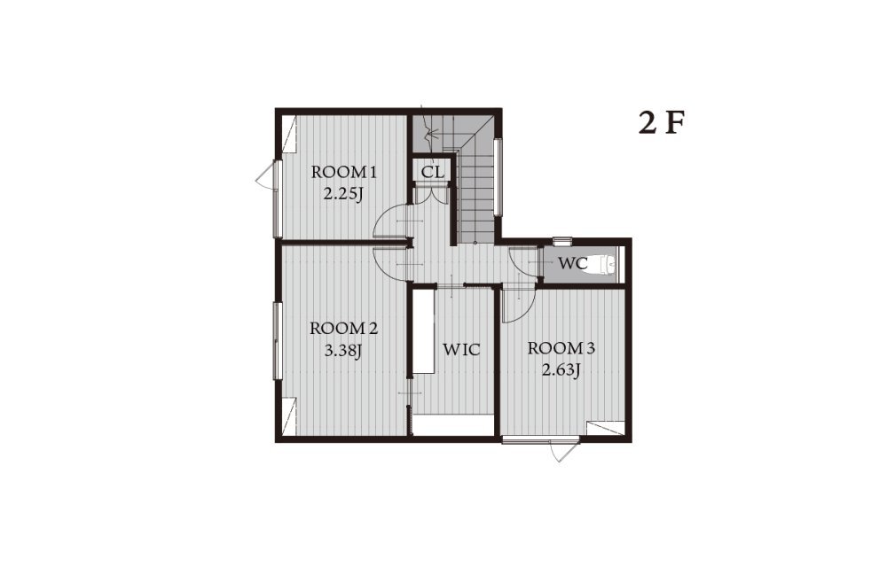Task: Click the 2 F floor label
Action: click(662, 122)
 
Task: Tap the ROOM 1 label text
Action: click(343, 172)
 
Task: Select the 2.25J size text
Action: click(342, 194)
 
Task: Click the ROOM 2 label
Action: click(343, 328)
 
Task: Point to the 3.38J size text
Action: click(342, 351)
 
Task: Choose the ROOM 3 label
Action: click(561, 348)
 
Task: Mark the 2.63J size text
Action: click(561, 370)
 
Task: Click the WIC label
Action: click(461, 350)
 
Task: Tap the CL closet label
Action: click(433, 172)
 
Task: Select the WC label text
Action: click(573, 264)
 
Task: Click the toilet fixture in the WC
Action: click(603, 265)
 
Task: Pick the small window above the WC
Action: click(561, 241)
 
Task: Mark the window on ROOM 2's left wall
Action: click(277, 341)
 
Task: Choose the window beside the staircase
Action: click(498, 177)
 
